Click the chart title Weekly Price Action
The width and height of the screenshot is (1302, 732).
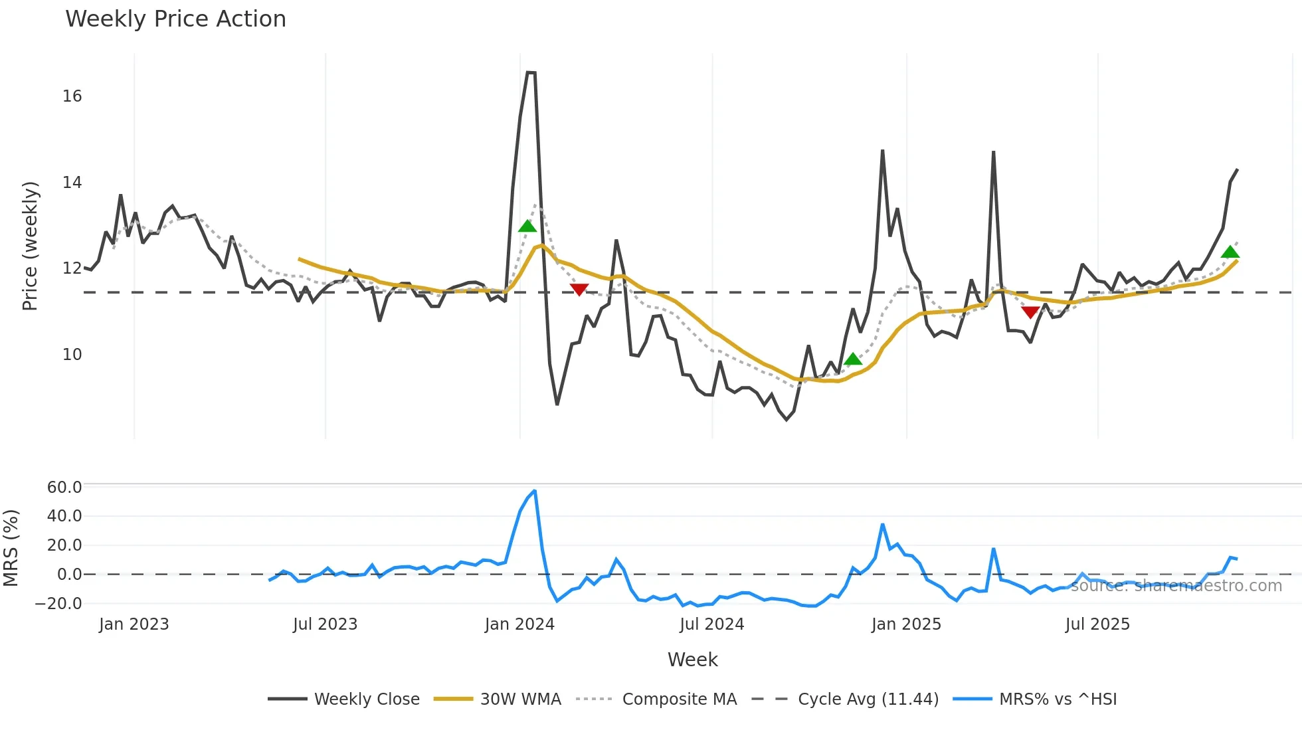tap(175, 19)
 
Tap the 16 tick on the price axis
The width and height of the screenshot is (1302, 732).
tap(72, 96)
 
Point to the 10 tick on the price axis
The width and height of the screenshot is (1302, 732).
tap(72, 355)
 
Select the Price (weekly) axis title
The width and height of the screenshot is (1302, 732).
tap(30, 246)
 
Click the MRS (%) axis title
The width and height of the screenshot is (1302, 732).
tap(11, 548)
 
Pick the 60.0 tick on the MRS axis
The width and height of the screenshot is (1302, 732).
tap(64, 488)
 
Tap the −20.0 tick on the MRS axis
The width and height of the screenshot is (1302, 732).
tap(58, 604)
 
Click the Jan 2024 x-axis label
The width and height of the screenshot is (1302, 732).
tap(519, 624)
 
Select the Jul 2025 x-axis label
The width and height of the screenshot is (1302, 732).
tap(1097, 624)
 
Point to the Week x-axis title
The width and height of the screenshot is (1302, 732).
tap(692, 660)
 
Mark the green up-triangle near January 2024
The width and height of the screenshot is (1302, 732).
tap(527, 227)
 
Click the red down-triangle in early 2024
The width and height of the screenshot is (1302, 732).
tap(579, 290)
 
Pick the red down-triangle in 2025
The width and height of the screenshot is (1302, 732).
tap(1030, 312)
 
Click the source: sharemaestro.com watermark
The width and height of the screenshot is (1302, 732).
tap(1176, 586)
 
